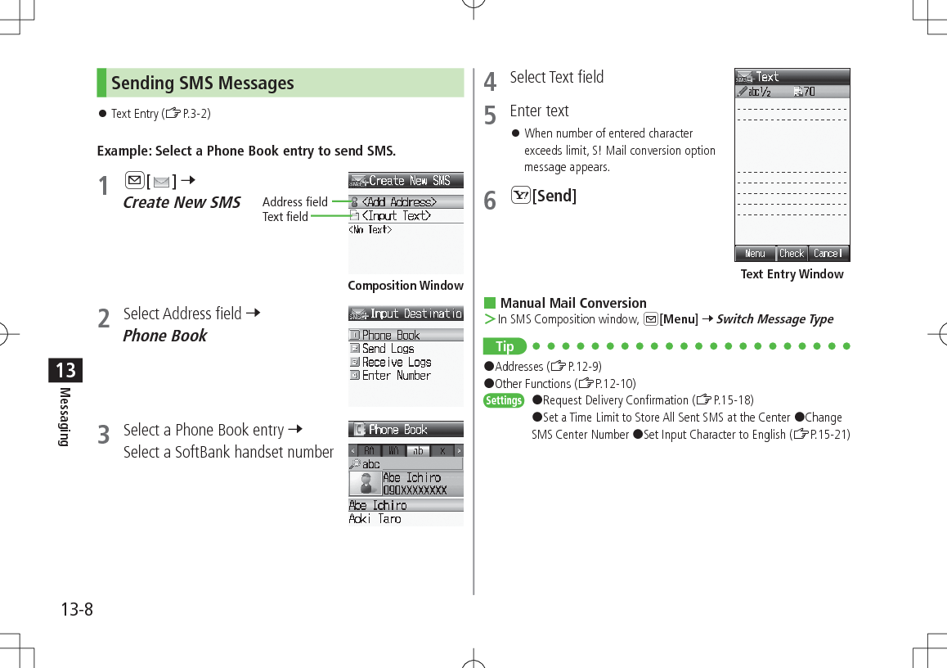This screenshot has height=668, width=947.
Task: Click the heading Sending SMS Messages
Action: tap(203, 83)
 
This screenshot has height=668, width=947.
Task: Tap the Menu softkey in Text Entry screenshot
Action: tap(755, 254)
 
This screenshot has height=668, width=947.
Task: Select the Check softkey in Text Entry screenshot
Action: tap(792, 254)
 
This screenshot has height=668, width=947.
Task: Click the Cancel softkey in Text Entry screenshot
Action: tap(828, 254)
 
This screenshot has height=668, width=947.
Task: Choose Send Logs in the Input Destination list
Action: tap(388, 349)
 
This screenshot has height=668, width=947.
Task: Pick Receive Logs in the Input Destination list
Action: tap(396, 362)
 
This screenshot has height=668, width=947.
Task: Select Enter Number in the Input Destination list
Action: tap(396, 376)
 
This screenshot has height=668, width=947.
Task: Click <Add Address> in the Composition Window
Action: tap(398, 202)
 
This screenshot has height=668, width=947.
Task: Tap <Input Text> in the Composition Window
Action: tap(396, 216)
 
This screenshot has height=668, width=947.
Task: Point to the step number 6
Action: tap(490, 201)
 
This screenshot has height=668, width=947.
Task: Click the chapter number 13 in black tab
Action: tap(65, 370)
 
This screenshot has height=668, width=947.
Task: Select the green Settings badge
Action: tap(504, 400)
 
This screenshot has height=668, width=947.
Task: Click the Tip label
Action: tap(505, 346)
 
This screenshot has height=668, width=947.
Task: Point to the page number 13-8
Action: tap(77, 610)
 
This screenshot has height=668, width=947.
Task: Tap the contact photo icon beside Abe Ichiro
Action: tap(365, 483)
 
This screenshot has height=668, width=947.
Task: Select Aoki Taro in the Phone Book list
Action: tap(375, 519)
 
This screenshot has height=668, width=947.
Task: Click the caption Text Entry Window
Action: tap(792, 274)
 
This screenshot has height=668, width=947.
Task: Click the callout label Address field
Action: tap(294, 202)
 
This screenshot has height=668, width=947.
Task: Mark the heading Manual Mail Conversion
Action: tap(572, 303)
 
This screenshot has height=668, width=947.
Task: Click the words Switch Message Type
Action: tap(774, 319)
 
